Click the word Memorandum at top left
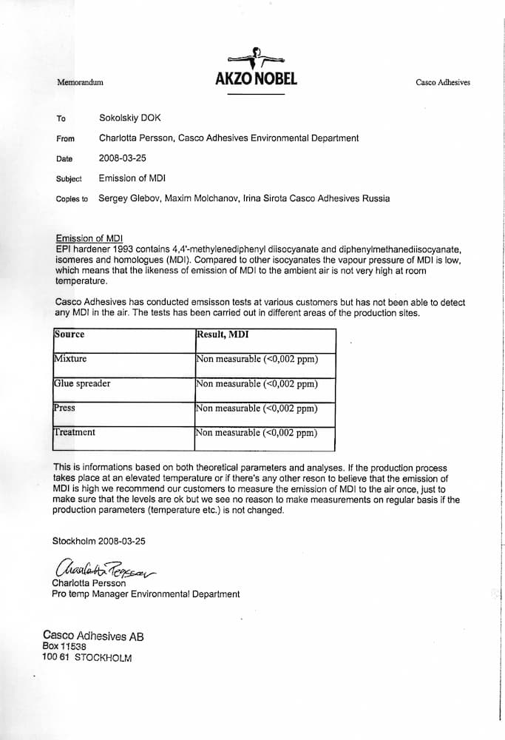(x=80, y=81)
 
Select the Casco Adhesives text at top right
(x=443, y=82)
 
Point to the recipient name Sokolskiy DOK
(x=130, y=118)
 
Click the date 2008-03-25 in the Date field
(x=122, y=158)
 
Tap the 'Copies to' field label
(x=72, y=199)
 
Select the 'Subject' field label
(x=69, y=179)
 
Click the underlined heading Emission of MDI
(x=88, y=238)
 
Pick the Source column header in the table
(x=70, y=334)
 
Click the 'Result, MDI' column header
(x=223, y=334)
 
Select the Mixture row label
(x=70, y=359)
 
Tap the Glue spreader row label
(x=82, y=383)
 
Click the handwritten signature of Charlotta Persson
(x=104, y=568)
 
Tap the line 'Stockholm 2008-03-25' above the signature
(x=99, y=541)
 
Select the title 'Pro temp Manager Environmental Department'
(x=146, y=593)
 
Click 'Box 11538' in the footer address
(x=64, y=646)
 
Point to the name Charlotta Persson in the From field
(x=136, y=138)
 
